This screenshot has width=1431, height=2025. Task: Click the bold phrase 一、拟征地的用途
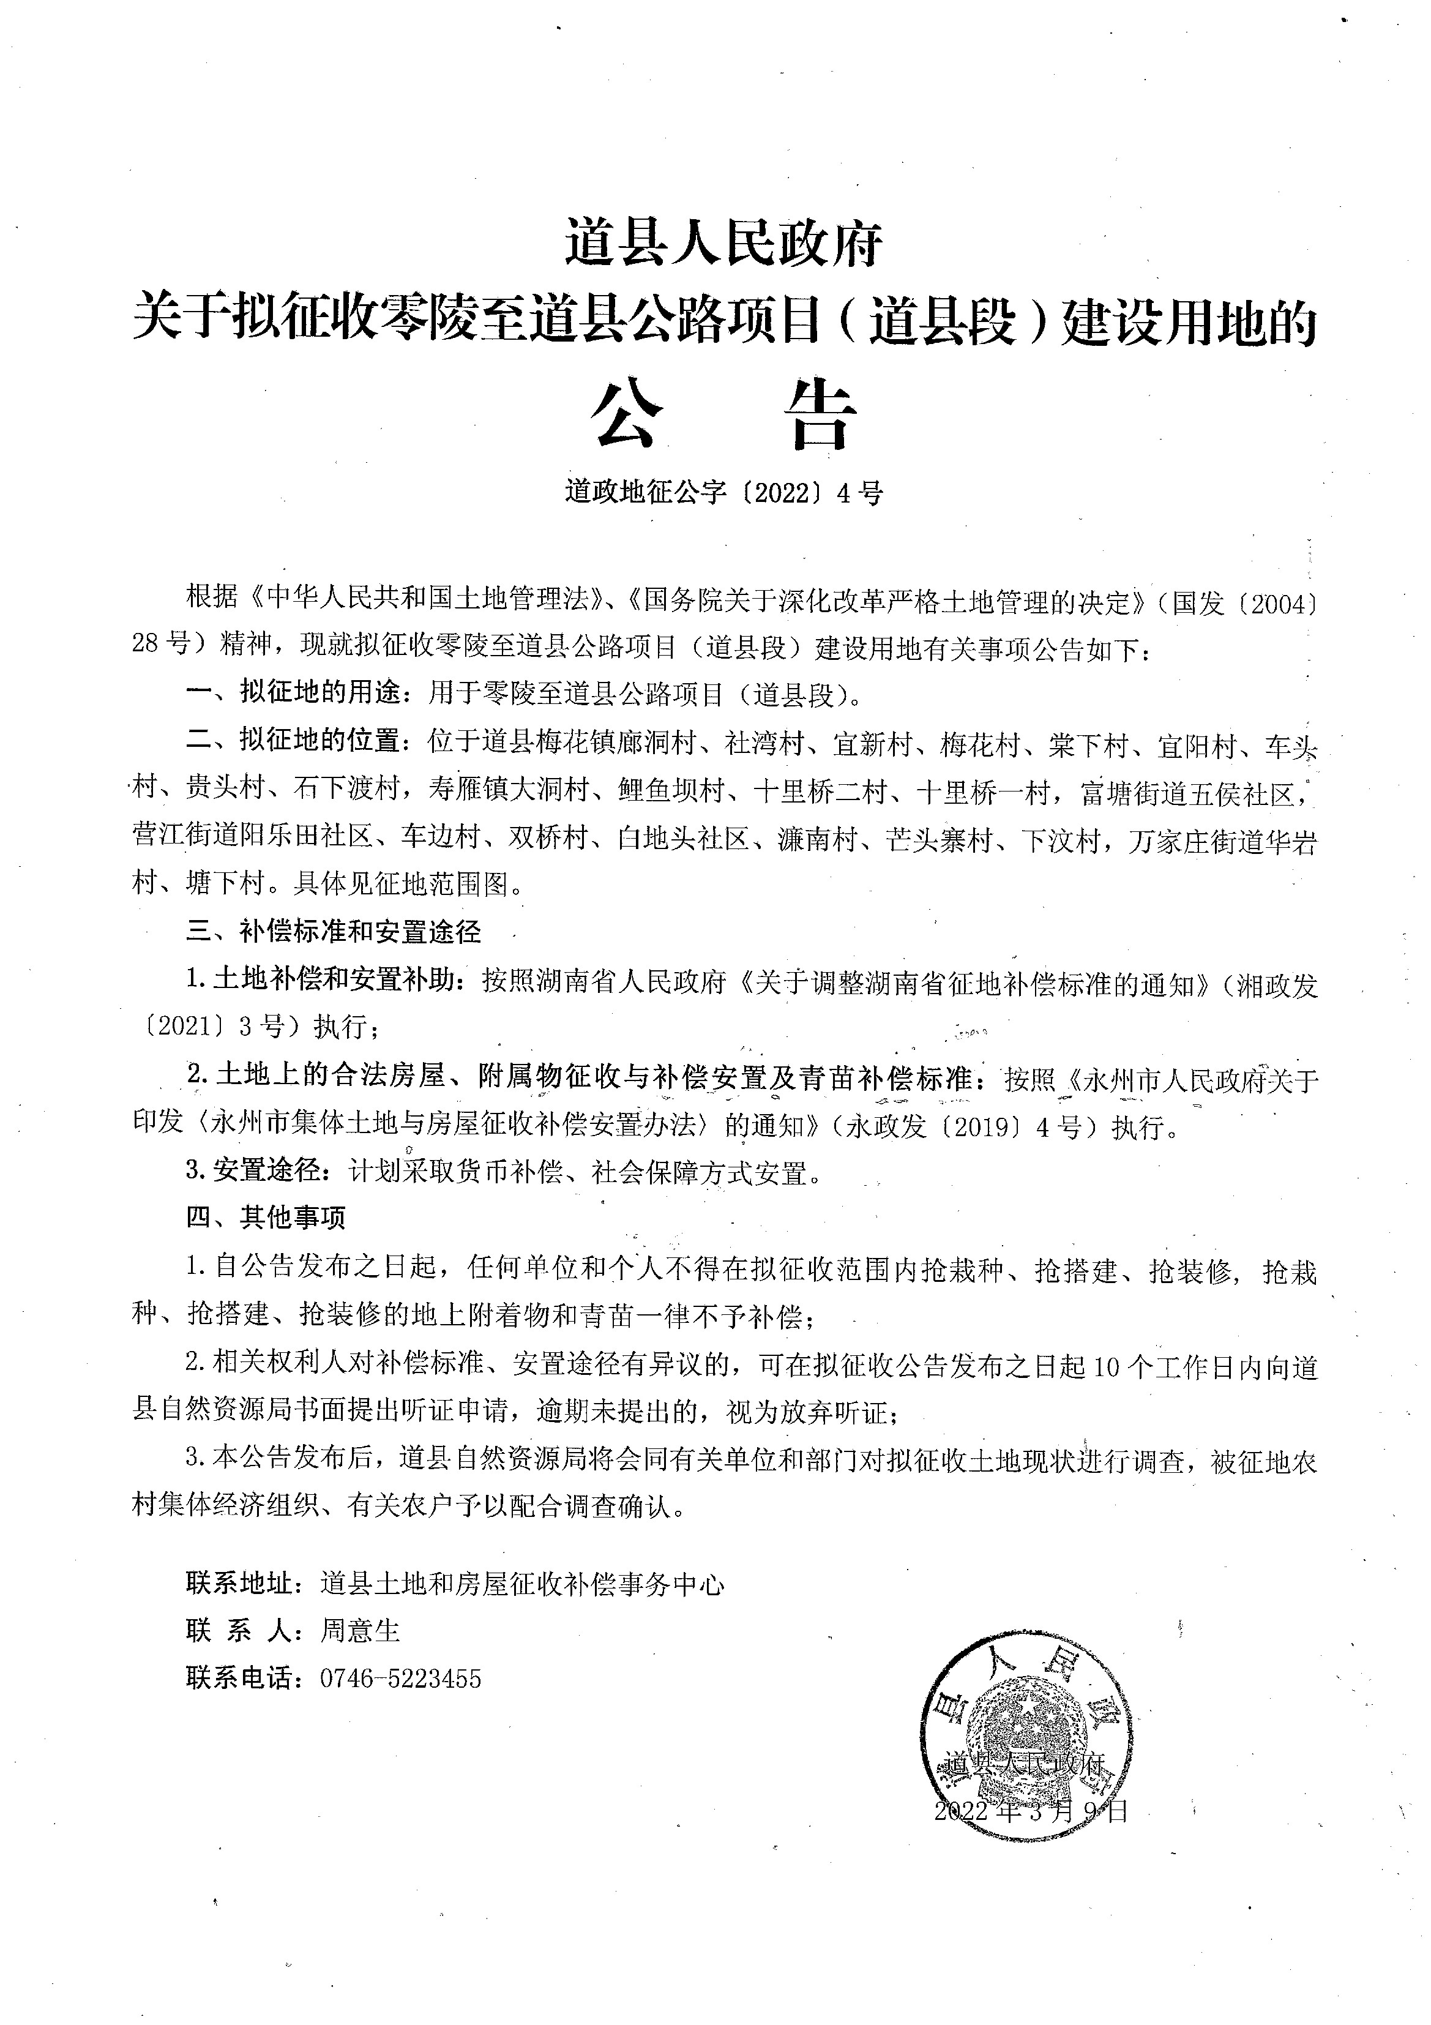point(298,695)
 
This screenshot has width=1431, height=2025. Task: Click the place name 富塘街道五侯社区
point(1189,795)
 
